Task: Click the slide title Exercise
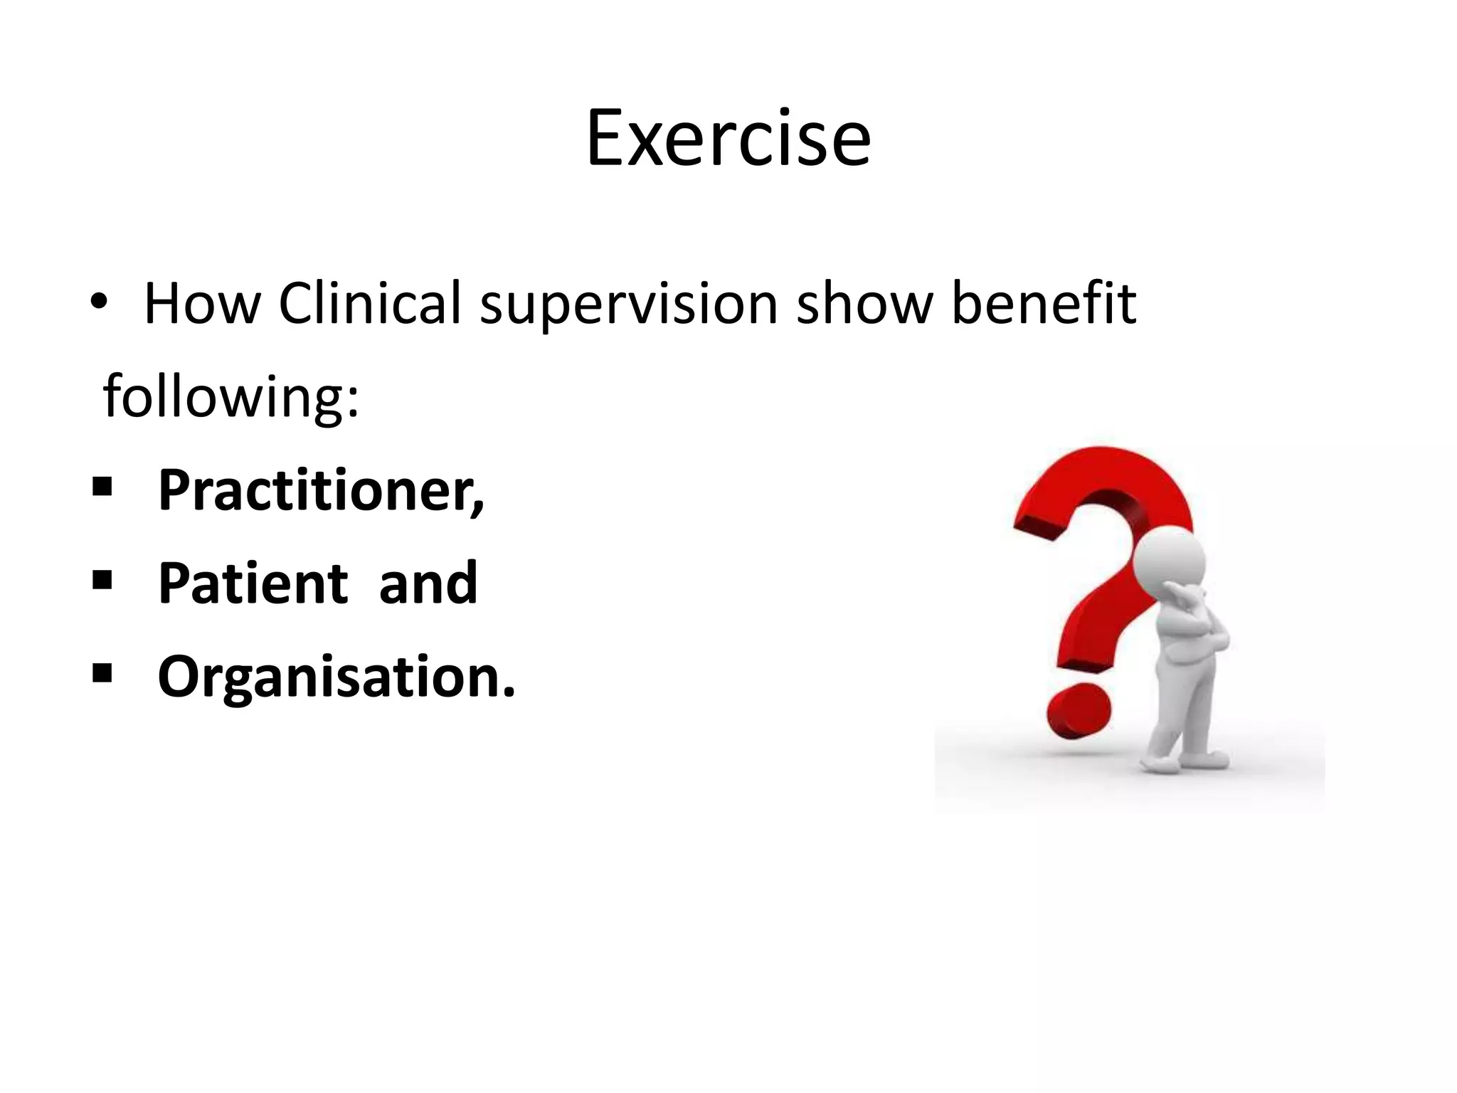tap(728, 138)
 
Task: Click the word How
tap(202, 304)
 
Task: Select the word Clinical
tap(370, 304)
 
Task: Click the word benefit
tap(1044, 304)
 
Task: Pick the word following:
tap(231, 398)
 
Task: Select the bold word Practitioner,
tap(321, 491)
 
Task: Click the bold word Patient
tap(253, 584)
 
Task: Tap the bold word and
tap(428, 584)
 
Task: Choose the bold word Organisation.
tap(336, 677)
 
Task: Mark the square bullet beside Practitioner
tap(102, 487)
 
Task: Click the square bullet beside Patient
tap(102, 580)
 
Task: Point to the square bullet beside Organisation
tap(102, 673)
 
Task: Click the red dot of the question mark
tap(1078, 711)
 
